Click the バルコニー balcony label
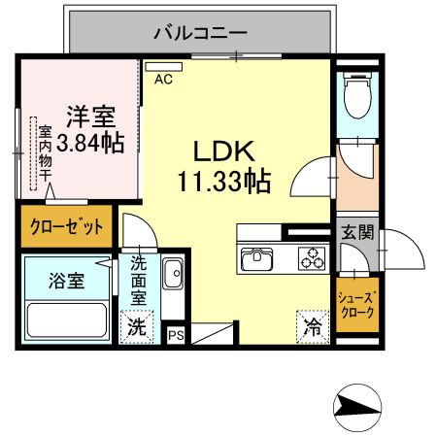(x=201, y=32)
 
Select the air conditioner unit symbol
(x=157, y=67)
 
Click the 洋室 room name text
(x=90, y=117)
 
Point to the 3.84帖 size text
(x=90, y=144)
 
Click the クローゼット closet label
(x=65, y=227)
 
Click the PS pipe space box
(x=176, y=335)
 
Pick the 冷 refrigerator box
(x=313, y=326)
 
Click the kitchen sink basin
(x=260, y=258)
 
